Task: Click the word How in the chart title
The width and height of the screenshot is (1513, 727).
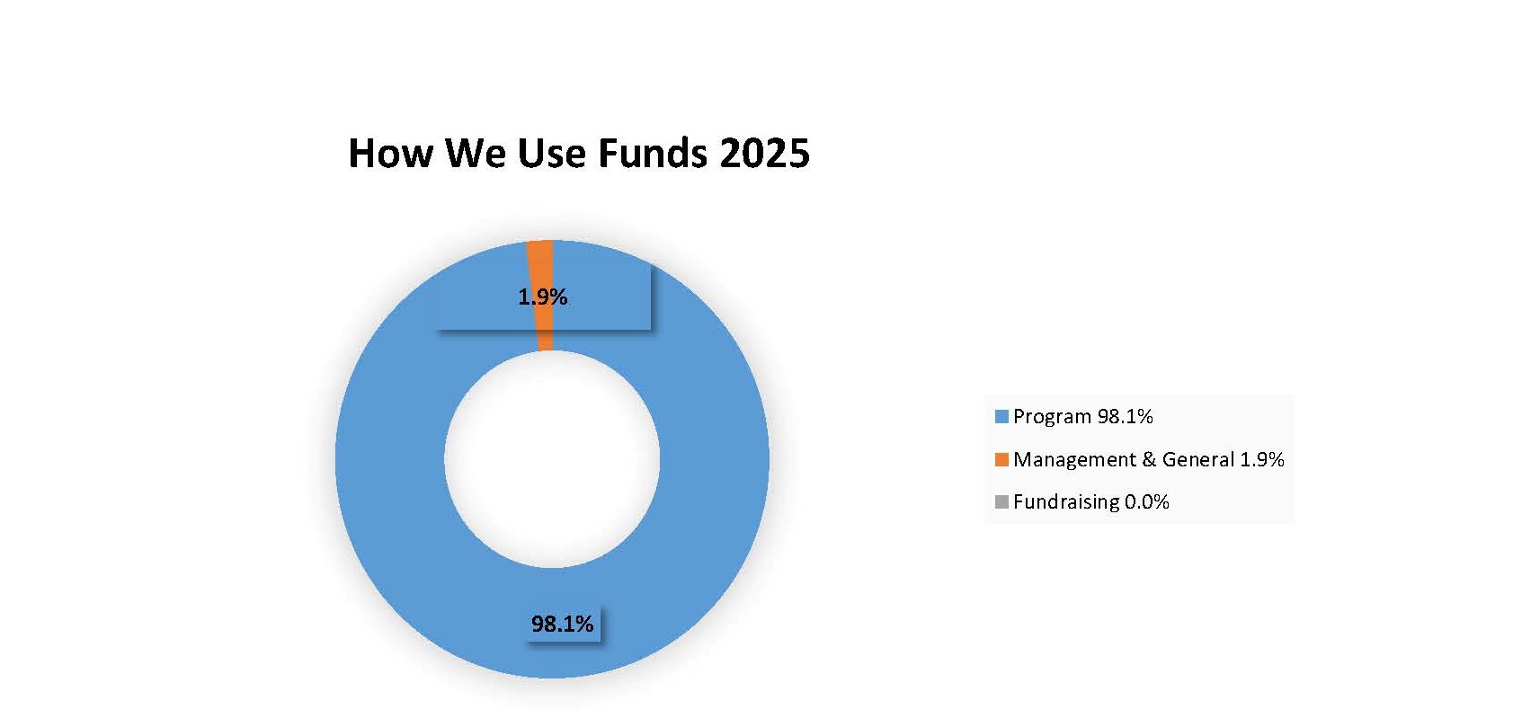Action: tap(390, 154)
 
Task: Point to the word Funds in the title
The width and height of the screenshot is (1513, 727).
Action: tap(653, 154)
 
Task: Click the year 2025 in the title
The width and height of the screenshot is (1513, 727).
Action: tap(765, 154)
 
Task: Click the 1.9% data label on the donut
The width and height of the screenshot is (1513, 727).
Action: tap(542, 297)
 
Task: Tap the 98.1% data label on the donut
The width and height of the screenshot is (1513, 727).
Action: tap(562, 625)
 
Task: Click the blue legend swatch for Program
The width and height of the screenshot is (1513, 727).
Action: tap(1001, 416)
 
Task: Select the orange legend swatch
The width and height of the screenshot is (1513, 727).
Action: tap(1001, 460)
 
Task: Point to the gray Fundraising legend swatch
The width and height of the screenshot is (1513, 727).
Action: tap(1001, 501)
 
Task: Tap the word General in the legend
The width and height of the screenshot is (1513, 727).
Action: tap(1198, 460)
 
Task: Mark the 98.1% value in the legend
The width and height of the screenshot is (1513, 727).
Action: tap(1126, 416)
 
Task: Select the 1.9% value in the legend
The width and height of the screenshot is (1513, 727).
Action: tap(1262, 460)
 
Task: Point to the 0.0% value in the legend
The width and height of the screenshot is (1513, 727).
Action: tap(1147, 501)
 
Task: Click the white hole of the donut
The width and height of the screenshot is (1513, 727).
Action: tap(552, 459)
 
